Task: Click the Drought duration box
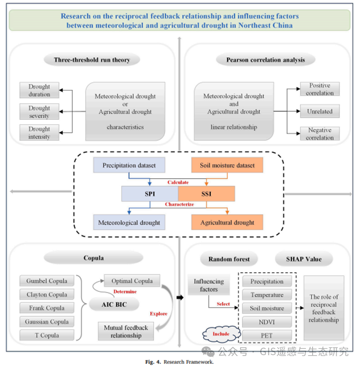coord(39,90)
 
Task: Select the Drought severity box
coord(39,112)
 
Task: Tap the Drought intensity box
coord(39,133)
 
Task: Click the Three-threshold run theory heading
coord(92,60)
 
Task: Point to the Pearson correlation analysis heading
coord(265,60)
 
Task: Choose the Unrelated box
coord(320,112)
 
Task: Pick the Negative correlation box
coord(320,134)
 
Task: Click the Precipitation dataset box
coord(129,165)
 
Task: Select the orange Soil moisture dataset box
coord(227,165)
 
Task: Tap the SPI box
coord(150,194)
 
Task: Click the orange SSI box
coord(206,194)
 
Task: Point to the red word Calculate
coord(178,182)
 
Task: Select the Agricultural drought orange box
coord(227,222)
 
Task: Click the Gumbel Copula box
coord(47,281)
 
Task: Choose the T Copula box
coord(47,335)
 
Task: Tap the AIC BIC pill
coord(114,304)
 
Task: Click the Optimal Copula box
coord(132,281)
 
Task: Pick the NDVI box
coord(267,322)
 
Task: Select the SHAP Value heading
coord(304,259)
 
